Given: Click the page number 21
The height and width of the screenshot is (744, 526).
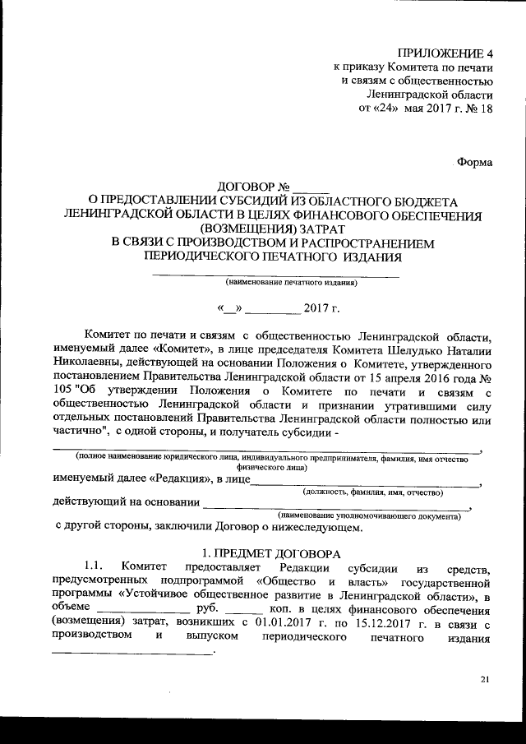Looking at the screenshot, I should (x=484, y=679).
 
